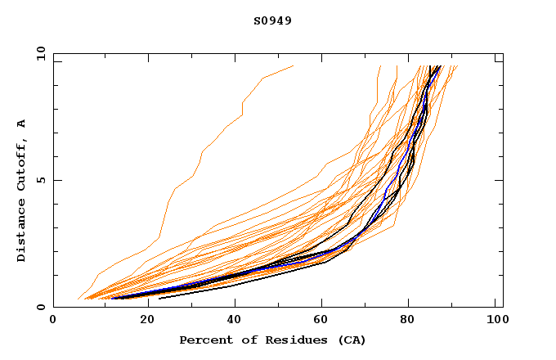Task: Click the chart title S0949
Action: [272, 20]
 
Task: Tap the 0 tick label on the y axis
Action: [40, 308]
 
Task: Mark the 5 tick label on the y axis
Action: [40, 181]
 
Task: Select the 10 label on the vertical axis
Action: [39, 54]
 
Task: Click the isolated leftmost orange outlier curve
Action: [203, 151]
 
